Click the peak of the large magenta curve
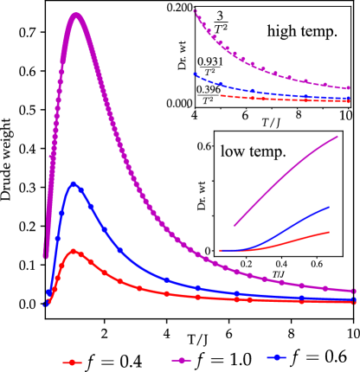pos(77,15)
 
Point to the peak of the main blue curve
pos(74,183)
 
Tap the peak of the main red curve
pos(74,251)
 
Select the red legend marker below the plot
pos(72,362)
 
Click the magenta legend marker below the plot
pos(181,360)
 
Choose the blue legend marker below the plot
pos(277,357)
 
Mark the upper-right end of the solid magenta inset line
pos(337,136)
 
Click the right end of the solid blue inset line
pos(330,207)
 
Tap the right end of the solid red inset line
pos(330,232)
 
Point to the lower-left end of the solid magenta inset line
pos(234,227)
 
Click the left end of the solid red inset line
pos(220,251)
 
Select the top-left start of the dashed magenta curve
pos(196,11)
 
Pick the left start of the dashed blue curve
pos(196,74)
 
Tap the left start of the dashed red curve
pos(222,96)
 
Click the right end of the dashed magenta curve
pos(350,88)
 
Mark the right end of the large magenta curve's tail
pos(355,291)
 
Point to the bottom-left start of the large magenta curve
pos(46,256)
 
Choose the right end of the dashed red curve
pos(350,101)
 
